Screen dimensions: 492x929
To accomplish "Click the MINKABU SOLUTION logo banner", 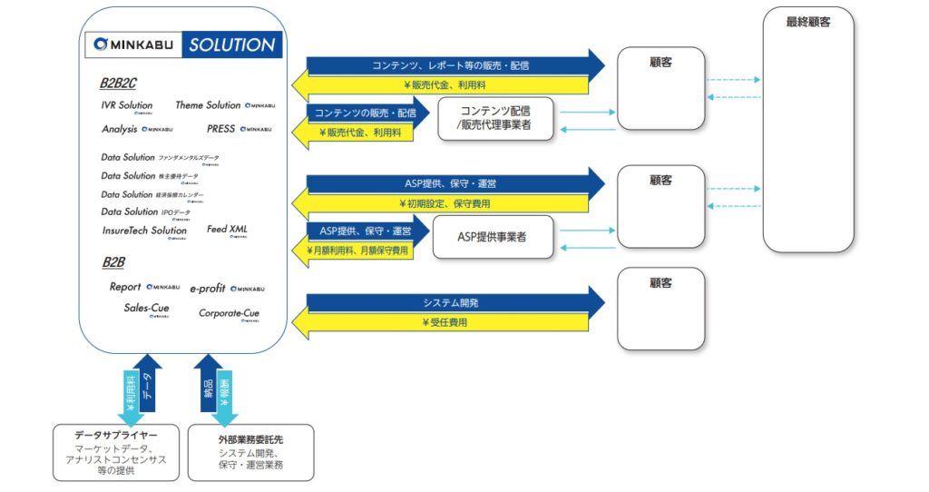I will point(182,44).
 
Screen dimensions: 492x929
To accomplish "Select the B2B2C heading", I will point(118,84).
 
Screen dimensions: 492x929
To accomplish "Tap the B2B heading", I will point(113,262).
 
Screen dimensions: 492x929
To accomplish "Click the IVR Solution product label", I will point(127,106).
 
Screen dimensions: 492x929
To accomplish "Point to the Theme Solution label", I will point(208,106).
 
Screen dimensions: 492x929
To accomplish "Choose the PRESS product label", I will point(221,129).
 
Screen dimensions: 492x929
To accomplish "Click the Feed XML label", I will point(227,230).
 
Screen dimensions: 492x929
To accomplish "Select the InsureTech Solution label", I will point(144,231).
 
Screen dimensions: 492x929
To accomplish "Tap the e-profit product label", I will point(209,288).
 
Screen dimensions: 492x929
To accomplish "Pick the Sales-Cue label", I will point(147,309).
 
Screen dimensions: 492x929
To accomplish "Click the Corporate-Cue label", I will point(229,313).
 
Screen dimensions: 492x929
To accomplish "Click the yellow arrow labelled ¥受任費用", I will point(445,322).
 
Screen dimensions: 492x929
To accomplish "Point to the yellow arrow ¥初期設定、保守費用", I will point(445,203).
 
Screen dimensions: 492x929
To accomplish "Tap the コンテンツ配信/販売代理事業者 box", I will point(495,119).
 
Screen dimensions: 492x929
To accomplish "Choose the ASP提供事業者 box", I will point(493,237).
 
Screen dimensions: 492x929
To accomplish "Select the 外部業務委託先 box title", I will point(251,439).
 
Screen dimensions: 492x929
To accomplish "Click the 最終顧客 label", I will point(807,22).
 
